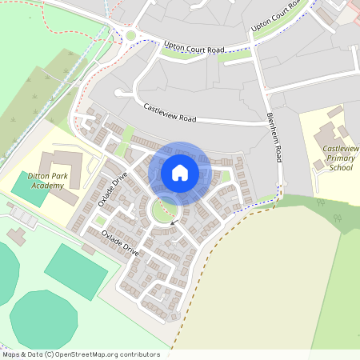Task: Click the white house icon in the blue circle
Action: [180, 172]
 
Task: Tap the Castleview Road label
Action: [170, 112]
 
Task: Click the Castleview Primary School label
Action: [341, 158]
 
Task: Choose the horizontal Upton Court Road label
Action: [193, 48]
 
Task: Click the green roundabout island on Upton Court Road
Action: [130, 35]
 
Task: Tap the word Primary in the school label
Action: [341, 158]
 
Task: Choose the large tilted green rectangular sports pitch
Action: [75, 272]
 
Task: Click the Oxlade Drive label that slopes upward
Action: [113, 190]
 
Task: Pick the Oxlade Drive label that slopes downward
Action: [120, 242]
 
